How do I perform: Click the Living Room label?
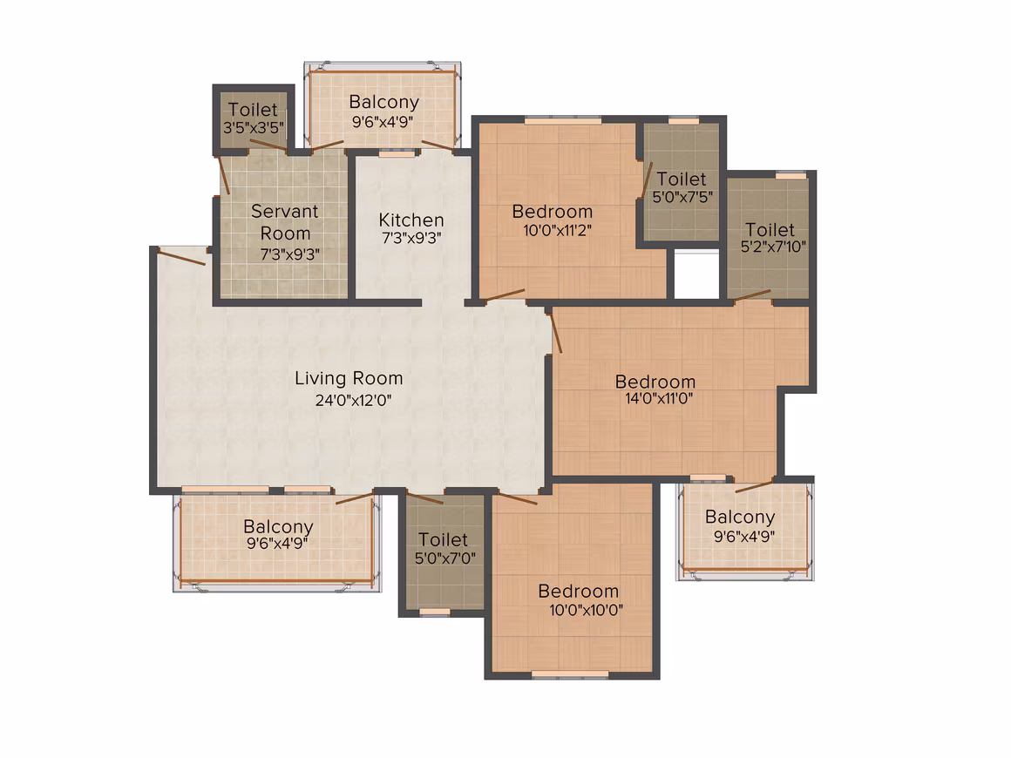(x=349, y=378)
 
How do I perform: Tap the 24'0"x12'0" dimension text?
(x=353, y=400)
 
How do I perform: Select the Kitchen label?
(x=411, y=220)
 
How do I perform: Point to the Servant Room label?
(x=285, y=222)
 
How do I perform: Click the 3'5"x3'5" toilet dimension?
(x=254, y=127)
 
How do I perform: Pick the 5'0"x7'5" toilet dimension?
(x=682, y=197)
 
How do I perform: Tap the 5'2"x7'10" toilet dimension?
(x=773, y=247)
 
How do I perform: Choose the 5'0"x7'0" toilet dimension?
(x=444, y=558)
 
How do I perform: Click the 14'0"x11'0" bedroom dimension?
(x=659, y=398)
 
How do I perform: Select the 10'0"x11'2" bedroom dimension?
(x=557, y=230)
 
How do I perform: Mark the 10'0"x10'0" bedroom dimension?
(x=586, y=610)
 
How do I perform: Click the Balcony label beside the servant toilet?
(x=384, y=103)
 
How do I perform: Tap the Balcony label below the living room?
(x=279, y=527)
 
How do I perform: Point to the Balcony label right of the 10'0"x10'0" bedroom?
(x=740, y=517)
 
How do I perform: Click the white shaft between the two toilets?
(x=697, y=276)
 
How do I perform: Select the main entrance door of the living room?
(x=182, y=256)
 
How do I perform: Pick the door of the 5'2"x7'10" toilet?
(x=752, y=295)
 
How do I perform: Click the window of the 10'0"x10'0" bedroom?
(x=570, y=674)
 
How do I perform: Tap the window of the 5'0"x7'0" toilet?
(x=435, y=612)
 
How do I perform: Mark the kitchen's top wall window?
(x=397, y=153)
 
